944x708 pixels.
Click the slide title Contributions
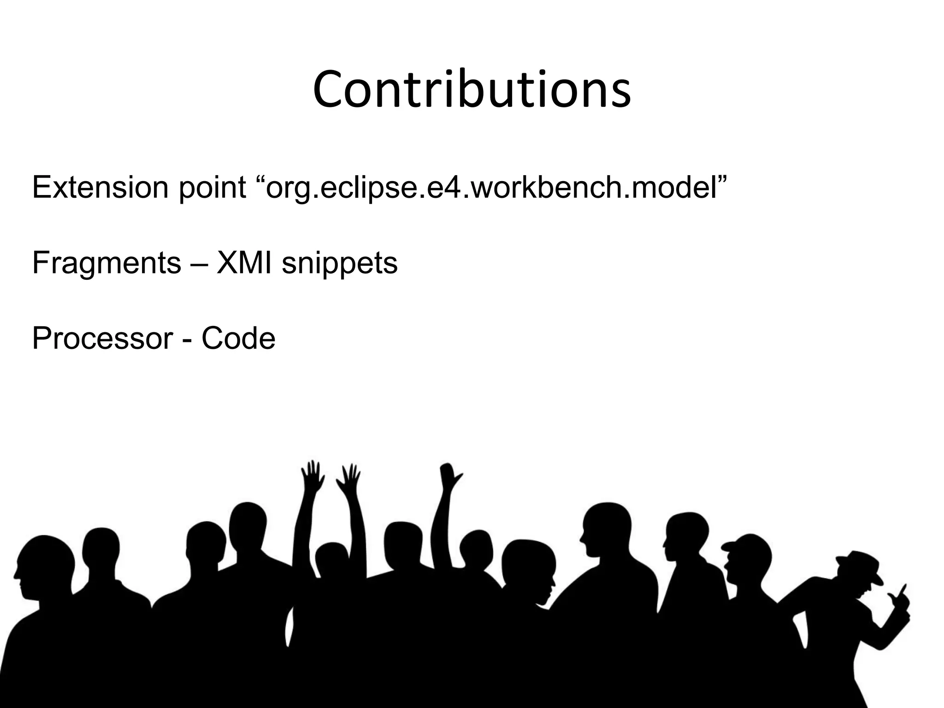(x=472, y=90)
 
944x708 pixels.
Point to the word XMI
(x=243, y=263)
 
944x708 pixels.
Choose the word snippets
(x=339, y=264)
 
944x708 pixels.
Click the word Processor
(x=102, y=339)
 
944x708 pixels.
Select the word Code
(x=238, y=339)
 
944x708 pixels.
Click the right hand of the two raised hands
(x=349, y=479)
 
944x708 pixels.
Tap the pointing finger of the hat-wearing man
(x=903, y=590)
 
